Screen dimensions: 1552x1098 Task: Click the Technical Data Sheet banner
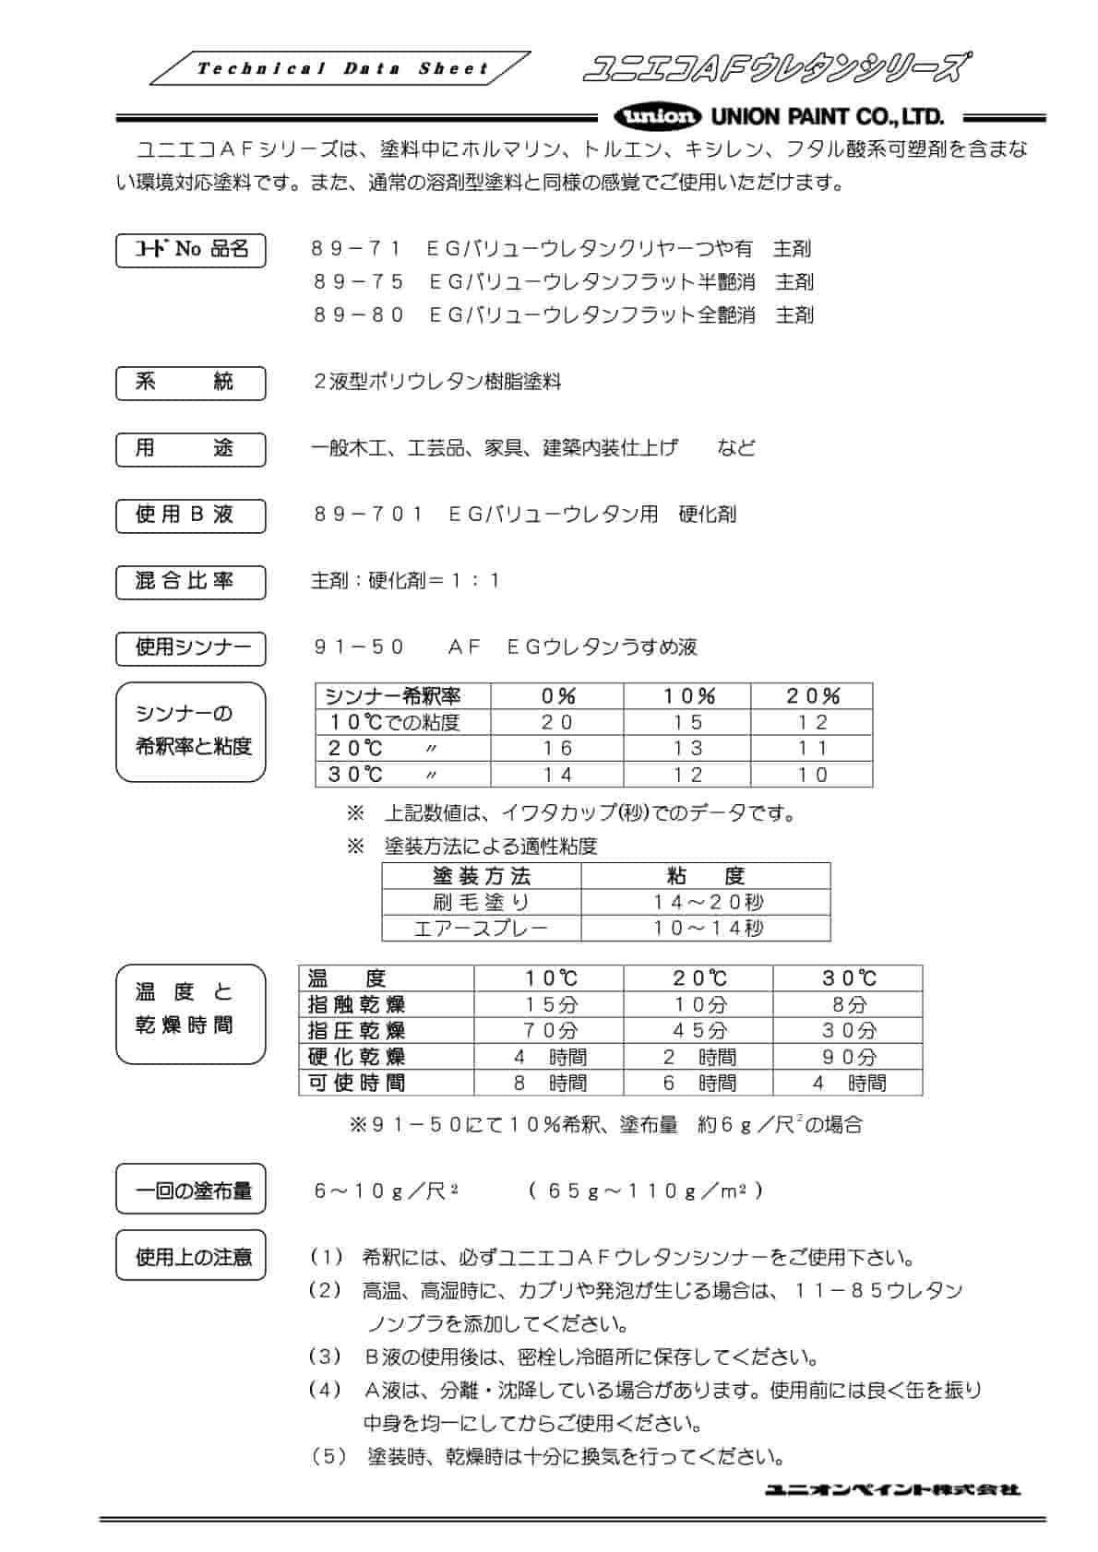pos(341,69)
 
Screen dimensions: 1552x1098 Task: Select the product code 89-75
pos(359,282)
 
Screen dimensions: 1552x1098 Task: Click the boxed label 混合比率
pos(190,582)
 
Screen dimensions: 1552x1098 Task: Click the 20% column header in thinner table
pos(812,696)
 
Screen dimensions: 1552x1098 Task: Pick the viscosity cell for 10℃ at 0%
pos(556,722)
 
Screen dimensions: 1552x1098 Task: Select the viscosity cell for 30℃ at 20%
pos(812,775)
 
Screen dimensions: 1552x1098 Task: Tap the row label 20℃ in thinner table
pos(355,748)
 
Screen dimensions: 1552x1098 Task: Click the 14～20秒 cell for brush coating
pos(707,902)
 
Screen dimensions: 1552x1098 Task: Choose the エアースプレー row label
pos(481,928)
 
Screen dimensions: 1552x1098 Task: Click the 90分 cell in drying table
pos(848,1057)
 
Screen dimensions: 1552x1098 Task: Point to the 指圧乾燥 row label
pos(356,1030)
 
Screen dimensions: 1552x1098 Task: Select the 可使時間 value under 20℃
pos(698,1083)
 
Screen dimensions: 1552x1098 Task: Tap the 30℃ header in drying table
pos(848,978)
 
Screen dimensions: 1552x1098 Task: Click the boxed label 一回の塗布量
pos(191,1191)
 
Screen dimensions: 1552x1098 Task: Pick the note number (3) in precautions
pos(325,1357)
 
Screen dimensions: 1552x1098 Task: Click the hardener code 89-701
pos(368,515)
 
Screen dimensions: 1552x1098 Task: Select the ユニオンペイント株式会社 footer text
pos(891,1489)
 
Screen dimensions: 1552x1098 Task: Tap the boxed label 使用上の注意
pos(191,1257)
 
